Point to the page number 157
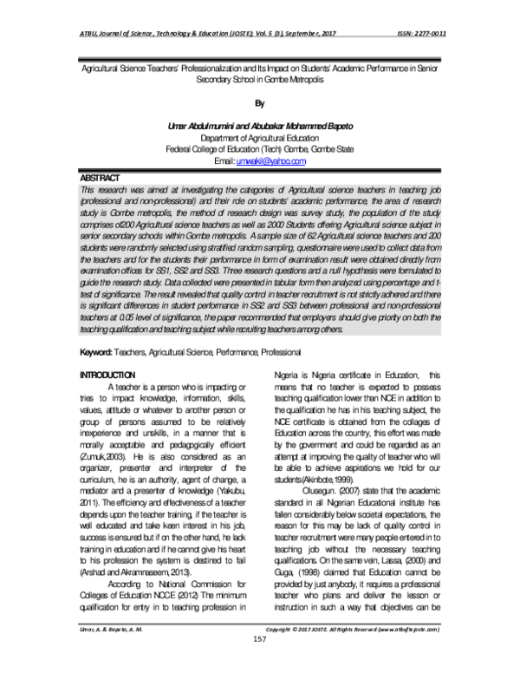(258, 663)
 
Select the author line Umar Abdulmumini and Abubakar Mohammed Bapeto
(258, 127)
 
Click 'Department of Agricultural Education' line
(258, 139)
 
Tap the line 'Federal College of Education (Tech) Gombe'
(258, 150)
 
